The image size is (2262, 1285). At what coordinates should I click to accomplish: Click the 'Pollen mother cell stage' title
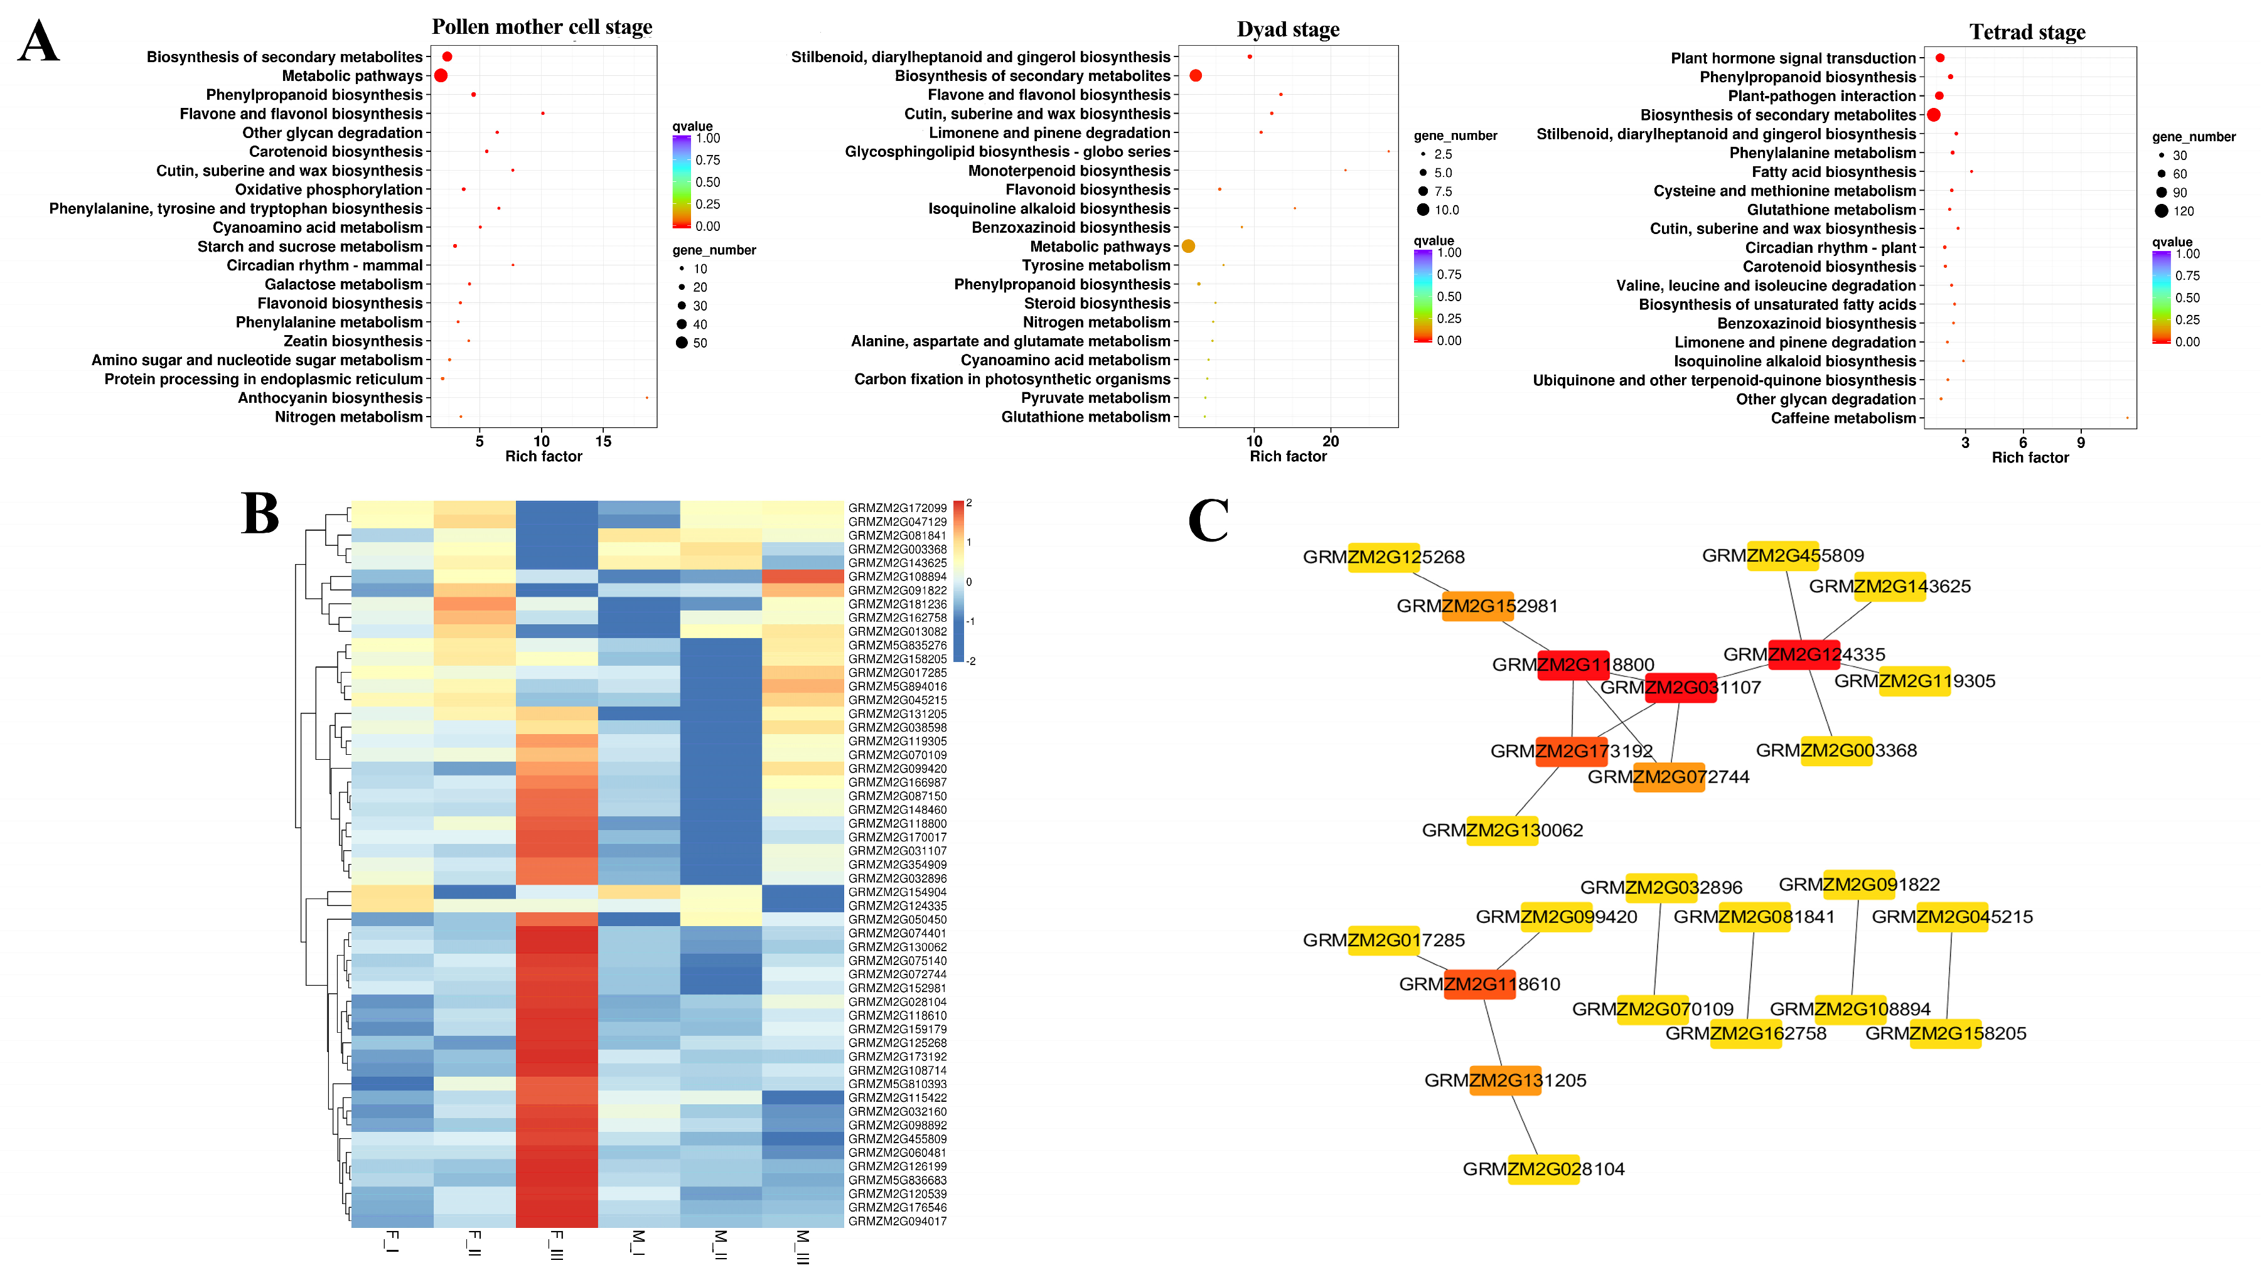(x=542, y=28)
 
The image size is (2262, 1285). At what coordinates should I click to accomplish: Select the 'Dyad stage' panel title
(x=1288, y=30)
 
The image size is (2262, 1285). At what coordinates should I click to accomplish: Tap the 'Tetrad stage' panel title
(x=2027, y=33)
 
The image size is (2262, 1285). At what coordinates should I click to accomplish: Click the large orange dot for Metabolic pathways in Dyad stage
(x=1188, y=246)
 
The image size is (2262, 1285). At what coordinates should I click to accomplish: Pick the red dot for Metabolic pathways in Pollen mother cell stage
(x=441, y=76)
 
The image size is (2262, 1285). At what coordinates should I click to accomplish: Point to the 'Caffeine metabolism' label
(x=1843, y=419)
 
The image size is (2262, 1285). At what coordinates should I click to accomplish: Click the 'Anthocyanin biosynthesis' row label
(x=330, y=398)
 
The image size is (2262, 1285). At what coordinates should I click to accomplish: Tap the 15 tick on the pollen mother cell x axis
(x=603, y=441)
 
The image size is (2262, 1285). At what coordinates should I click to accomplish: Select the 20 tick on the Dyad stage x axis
(x=1330, y=441)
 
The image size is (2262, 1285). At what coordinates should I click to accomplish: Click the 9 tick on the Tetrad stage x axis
(x=2080, y=443)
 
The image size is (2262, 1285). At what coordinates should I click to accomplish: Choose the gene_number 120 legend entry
(x=2173, y=211)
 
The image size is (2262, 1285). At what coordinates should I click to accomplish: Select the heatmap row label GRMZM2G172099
(x=897, y=508)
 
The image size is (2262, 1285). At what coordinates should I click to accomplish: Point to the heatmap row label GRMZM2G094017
(x=897, y=1222)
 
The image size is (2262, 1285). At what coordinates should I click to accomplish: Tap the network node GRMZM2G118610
(x=1479, y=984)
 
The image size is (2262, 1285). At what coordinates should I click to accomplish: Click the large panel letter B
(x=260, y=514)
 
